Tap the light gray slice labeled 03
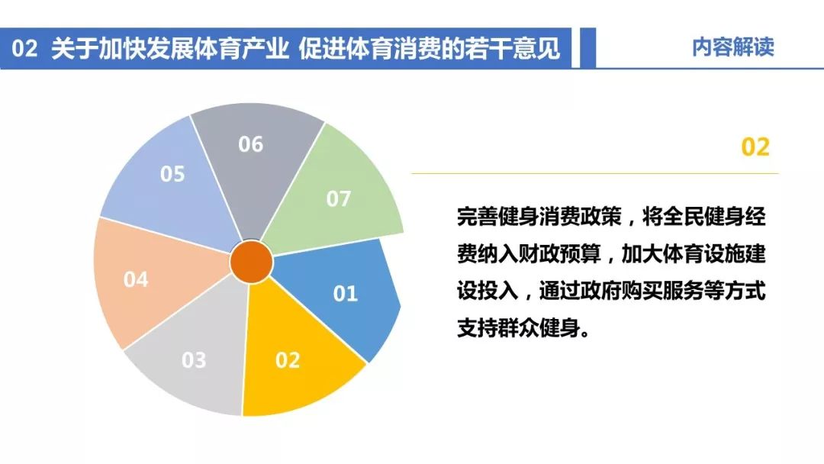coord(195,357)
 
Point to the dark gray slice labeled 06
coord(255,158)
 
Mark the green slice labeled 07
coord(336,195)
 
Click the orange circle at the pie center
coord(252,262)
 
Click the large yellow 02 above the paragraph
coord(755,147)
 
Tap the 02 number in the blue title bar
coord(24,48)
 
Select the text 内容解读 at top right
coord(732,47)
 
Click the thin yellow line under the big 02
coord(595,173)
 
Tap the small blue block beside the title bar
coord(587,48)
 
